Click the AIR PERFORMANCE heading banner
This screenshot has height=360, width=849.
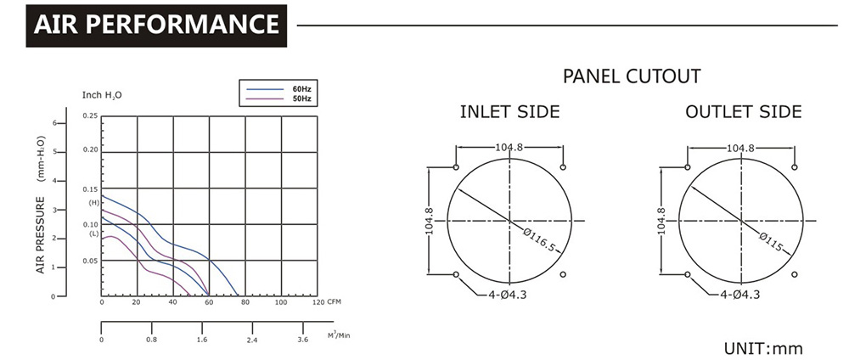[x=156, y=25]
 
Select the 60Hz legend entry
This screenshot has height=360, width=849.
[x=278, y=89]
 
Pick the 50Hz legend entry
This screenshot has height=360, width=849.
[x=278, y=98]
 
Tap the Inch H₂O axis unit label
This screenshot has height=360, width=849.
[x=102, y=95]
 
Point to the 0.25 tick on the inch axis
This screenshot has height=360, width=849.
[x=91, y=115]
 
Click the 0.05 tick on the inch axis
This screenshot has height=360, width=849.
[x=91, y=261]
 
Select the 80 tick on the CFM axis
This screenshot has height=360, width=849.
[x=245, y=302]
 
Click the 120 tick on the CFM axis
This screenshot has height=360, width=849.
[x=318, y=302]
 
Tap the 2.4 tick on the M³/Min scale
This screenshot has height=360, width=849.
[x=252, y=340]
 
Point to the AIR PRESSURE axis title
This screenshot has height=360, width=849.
[x=41, y=235]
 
